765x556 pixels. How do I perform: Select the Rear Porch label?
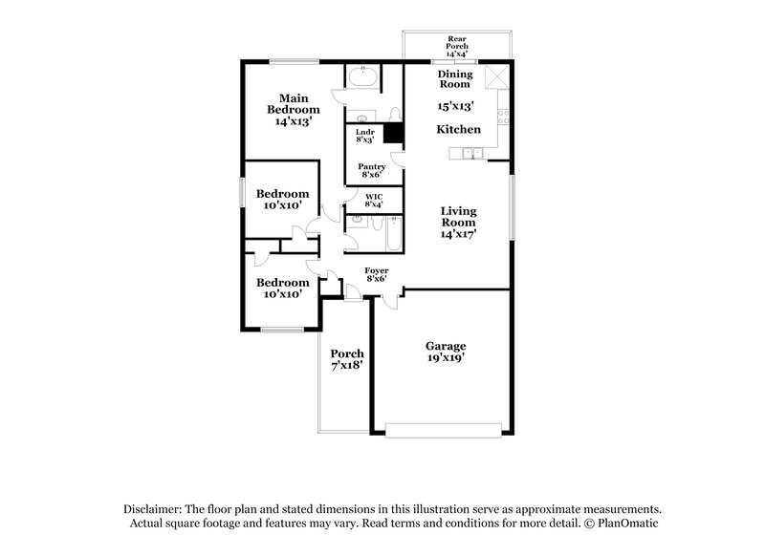point(457,44)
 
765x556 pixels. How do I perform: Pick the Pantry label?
point(372,168)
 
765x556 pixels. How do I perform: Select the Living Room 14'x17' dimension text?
point(458,232)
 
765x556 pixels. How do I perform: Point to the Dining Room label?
point(455,78)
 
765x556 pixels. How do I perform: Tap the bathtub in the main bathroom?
point(362,76)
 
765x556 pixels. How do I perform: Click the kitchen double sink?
point(471,153)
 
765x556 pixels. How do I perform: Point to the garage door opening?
point(448,429)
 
